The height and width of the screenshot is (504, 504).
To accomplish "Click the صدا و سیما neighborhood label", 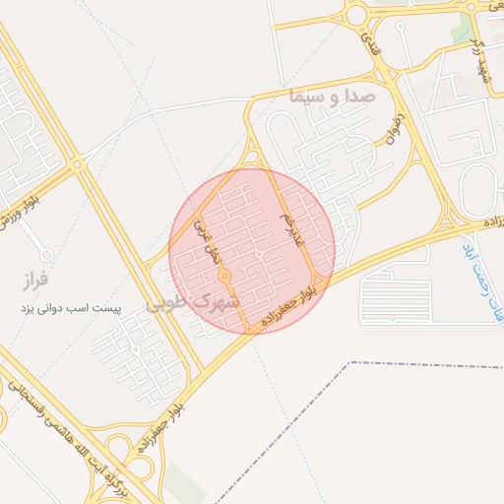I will pos(333,96).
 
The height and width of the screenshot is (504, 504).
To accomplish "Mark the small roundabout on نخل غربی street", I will pos(225,273).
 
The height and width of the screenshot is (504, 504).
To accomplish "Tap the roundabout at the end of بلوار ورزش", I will pos(77,165).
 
